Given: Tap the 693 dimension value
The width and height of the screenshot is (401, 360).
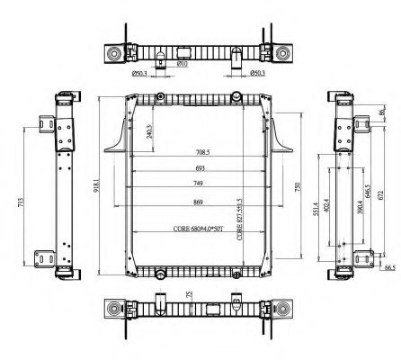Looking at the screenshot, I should (x=199, y=169).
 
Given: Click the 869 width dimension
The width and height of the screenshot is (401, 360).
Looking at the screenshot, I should (x=199, y=202).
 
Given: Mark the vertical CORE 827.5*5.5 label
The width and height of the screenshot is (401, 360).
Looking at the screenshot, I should (x=239, y=219).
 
